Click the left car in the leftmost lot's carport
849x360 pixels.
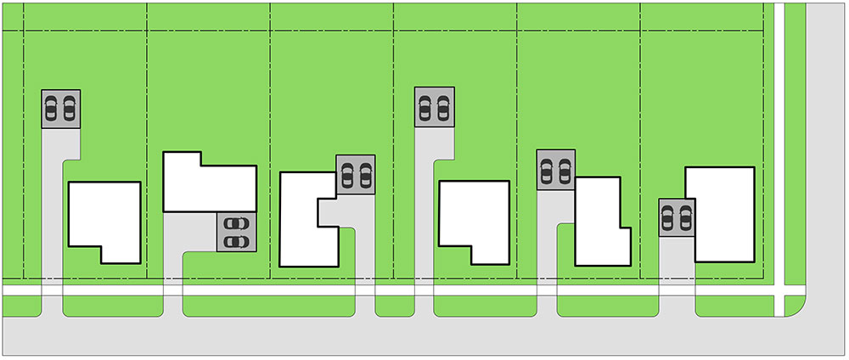point(53,109)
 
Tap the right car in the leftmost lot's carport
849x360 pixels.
point(69,109)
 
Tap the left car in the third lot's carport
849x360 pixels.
point(346,175)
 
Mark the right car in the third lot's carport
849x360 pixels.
point(365,175)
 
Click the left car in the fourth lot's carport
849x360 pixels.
point(424,108)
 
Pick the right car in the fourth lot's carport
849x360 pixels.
point(442,108)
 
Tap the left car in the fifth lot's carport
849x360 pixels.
point(548,171)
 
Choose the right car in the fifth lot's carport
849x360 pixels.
point(565,171)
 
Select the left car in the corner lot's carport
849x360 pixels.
point(669,218)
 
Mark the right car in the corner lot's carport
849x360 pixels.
point(687,218)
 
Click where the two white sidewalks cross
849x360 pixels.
point(779,290)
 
